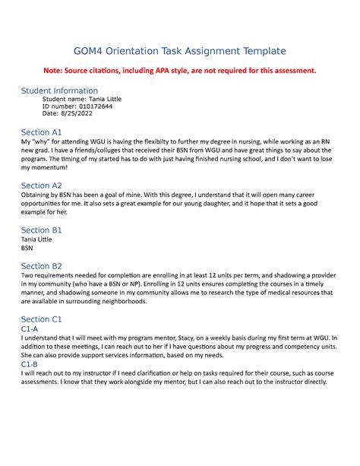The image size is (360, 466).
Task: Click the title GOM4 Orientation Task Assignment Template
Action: [179, 51]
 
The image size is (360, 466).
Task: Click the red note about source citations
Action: [179, 71]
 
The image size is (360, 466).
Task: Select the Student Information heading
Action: [59, 90]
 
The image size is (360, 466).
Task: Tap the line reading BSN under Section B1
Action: [27, 248]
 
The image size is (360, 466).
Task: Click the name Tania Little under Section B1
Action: [37, 239]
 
